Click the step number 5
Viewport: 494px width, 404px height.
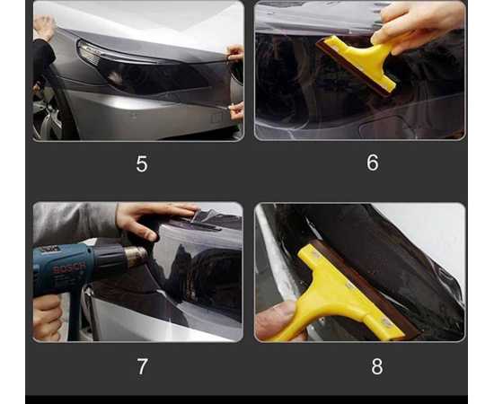tap(141, 164)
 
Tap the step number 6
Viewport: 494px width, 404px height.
tap(372, 162)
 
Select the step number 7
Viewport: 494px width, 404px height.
tap(141, 365)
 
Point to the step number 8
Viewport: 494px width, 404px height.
tap(376, 366)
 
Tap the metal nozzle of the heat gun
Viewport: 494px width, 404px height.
tap(134, 257)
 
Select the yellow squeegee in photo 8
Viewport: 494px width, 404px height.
tap(341, 292)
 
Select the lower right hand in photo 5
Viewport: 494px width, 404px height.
tap(236, 110)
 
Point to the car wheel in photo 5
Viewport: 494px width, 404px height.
tap(45, 112)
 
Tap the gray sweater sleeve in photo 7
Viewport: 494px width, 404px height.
tap(76, 220)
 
